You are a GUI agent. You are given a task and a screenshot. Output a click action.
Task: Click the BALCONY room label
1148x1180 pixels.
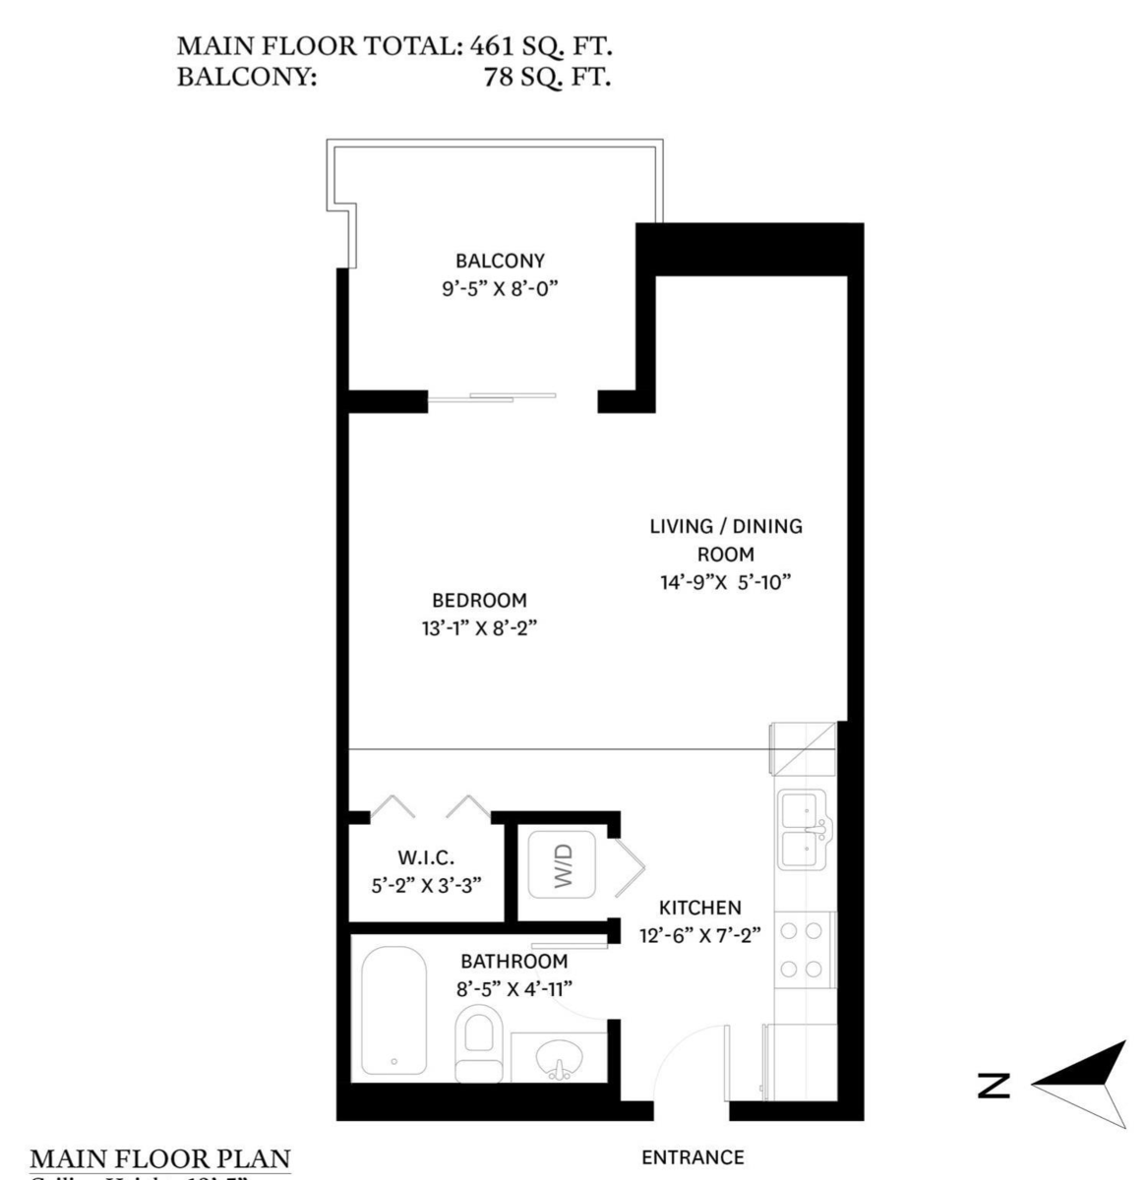499,261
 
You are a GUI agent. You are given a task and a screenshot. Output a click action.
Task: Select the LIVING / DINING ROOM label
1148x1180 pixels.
725,539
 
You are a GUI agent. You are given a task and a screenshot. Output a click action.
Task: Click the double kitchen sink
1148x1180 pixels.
805,830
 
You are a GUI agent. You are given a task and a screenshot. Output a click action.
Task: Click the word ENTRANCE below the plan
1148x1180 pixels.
693,1157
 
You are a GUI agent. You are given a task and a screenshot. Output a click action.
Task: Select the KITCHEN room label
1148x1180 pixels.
699,908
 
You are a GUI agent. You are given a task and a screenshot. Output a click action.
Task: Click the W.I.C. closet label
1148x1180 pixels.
426,858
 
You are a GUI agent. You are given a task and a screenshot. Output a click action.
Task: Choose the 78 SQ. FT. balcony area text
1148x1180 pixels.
547,77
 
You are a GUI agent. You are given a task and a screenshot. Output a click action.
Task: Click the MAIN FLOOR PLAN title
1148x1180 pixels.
161,1157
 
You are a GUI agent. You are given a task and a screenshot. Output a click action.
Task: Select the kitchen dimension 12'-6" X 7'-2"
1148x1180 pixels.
700,936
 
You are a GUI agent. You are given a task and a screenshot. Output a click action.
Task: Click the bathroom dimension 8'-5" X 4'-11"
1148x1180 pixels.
514,988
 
